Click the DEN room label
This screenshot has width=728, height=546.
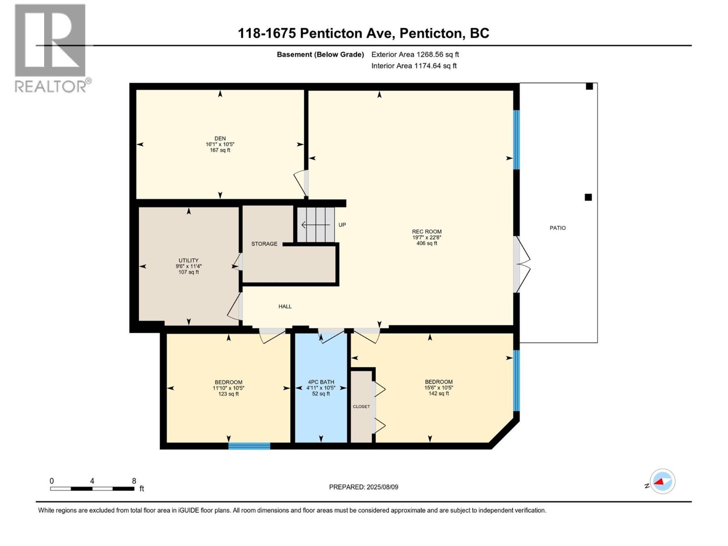(x=220, y=138)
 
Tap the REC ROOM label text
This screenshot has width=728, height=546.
(x=426, y=232)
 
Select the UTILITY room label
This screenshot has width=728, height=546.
(x=188, y=261)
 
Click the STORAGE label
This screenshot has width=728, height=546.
(x=264, y=244)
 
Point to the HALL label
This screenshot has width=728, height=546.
(x=285, y=307)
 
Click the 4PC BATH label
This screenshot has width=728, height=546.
(x=321, y=382)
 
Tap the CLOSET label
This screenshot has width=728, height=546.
(x=361, y=407)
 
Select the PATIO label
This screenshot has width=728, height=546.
(x=557, y=228)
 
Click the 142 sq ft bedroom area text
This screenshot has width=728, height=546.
(x=439, y=394)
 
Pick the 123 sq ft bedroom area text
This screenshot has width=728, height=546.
(x=228, y=394)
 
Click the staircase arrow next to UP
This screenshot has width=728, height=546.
(x=315, y=225)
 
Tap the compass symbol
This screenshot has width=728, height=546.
(x=662, y=481)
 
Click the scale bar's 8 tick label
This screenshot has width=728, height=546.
(x=134, y=481)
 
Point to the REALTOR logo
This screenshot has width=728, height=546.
(x=51, y=48)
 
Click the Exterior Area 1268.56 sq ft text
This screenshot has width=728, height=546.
(x=415, y=55)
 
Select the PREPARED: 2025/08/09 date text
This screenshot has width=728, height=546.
(x=364, y=487)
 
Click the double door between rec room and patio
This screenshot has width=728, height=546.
(x=522, y=264)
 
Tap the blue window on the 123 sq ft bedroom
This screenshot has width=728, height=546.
(x=249, y=446)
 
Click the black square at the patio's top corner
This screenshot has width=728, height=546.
(x=589, y=86)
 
